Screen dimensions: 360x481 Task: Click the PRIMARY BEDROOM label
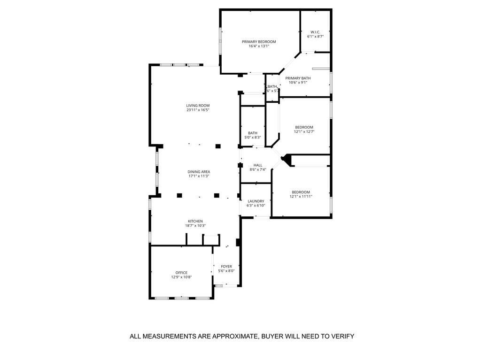click(259, 42)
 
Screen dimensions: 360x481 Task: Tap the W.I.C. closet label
click(315, 31)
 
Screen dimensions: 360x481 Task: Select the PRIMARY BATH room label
click(298, 78)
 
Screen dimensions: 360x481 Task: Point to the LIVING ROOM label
click(198, 106)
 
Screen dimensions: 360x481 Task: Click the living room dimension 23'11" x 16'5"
click(198, 110)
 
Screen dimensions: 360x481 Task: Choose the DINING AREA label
click(199, 172)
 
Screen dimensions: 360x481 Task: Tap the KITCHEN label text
click(195, 221)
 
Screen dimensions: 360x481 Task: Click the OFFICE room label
click(181, 273)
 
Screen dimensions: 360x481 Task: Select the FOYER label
click(226, 266)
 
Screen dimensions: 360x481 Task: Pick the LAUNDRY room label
click(256, 201)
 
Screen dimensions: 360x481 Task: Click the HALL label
click(258, 165)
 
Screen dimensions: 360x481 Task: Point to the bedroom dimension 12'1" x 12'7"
click(304, 132)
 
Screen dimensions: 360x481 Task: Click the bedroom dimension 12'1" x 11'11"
click(301, 197)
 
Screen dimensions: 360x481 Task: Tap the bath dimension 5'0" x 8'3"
click(253, 138)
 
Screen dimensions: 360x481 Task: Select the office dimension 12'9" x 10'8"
click(181, 277)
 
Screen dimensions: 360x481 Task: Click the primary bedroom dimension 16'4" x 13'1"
click(259, 46)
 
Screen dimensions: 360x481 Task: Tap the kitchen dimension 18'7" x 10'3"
click(195, 226)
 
